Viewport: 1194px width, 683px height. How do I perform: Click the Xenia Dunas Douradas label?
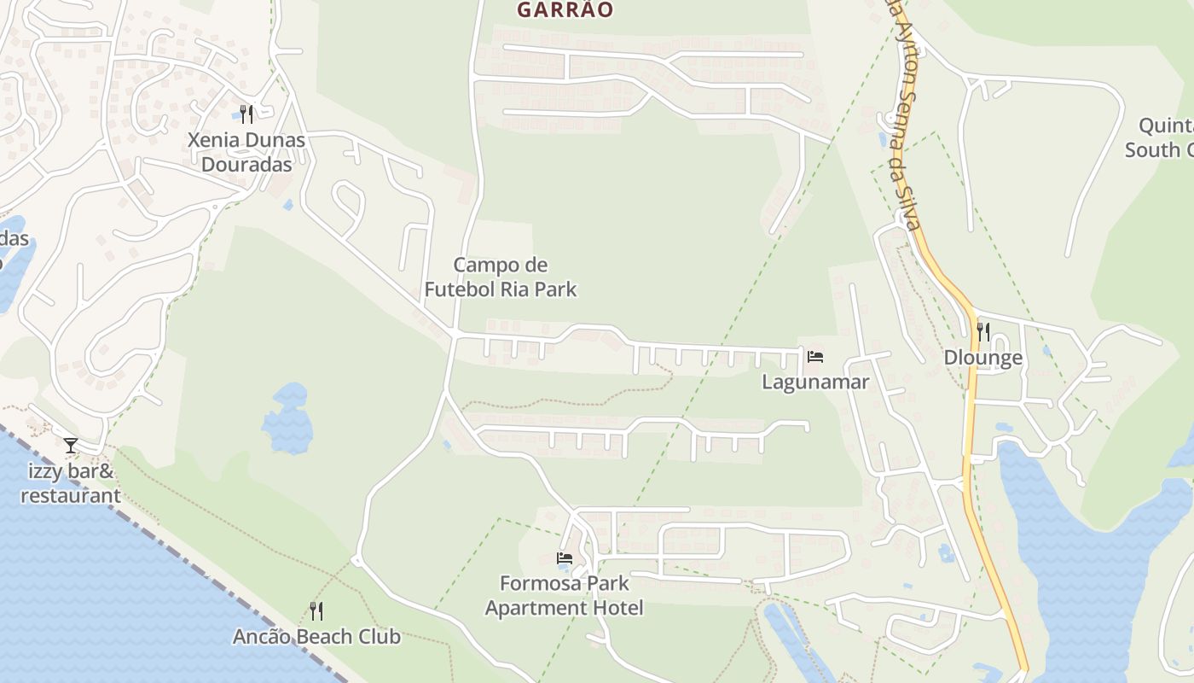246,152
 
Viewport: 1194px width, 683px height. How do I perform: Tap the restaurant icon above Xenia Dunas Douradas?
246,114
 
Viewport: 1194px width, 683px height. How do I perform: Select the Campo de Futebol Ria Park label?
501,277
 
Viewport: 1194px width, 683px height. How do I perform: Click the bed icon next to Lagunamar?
815,357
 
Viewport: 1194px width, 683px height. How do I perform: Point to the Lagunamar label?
814,382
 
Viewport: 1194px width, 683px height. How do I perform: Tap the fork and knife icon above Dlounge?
983,331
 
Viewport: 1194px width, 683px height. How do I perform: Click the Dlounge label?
982,358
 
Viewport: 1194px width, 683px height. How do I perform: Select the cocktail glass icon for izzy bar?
71,445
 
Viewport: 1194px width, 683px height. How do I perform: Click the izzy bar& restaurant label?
71,483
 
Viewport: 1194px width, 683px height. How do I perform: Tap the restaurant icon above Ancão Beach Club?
316,610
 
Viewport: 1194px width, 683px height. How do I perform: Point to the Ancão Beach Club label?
316,637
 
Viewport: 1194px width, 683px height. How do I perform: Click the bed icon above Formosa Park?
564,558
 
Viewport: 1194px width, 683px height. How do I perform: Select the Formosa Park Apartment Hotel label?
564,596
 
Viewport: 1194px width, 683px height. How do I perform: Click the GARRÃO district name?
565,9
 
